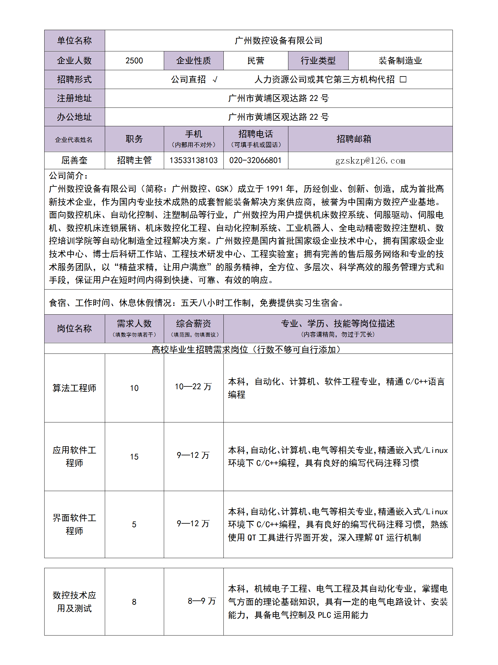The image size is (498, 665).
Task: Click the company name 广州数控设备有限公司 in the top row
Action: coord(278,41)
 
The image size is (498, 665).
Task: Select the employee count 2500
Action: coord(134,61)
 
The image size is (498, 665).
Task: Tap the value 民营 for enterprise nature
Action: coord(256,61)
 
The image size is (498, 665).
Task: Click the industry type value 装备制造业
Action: coord(400,61)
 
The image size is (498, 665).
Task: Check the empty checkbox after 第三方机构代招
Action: coord(403,80)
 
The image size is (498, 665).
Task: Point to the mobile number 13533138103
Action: coord(194,160)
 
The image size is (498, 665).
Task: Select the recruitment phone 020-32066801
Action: coord(255,160)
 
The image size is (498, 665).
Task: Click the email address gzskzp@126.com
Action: coord(370,161)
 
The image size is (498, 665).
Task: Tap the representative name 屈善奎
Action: coord(74,160)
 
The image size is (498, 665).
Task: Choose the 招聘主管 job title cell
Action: coord(134,160)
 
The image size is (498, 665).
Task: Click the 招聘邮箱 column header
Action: coord(354,139)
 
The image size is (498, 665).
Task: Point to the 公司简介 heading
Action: coord(68,176)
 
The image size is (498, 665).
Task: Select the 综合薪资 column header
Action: coord(194,324)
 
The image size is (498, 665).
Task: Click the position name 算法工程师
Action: coord(74,388)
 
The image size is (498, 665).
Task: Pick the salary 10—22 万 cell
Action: coord(193,387)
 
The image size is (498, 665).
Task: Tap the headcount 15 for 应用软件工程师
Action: coord(134,457)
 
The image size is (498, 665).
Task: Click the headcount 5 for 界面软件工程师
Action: coord(134,525)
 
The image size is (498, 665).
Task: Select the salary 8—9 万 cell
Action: coord(202,601)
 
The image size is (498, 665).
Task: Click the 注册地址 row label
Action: coord(74,98)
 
